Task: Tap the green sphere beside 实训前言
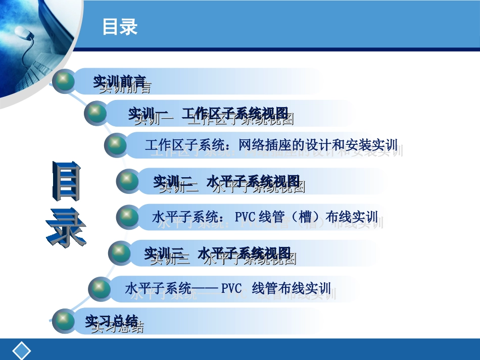[x=64, y=82]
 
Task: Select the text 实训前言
[x=120, y=82]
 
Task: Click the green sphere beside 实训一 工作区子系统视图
[x=95, y=113]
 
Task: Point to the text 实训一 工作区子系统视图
[x=208, y=114]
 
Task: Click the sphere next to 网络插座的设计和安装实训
[x=116, y=145]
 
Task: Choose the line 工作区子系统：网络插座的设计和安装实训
[x=271, y=145]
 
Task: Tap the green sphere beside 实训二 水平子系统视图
[x=127, y=181]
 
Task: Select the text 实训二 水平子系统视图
[x=226, y=181]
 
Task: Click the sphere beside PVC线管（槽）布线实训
[x=127, y=217]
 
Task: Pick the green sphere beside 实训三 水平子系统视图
[x=120, y=252]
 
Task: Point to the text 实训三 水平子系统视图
[x=218, y=252]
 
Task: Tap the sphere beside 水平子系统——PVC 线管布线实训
[x=100, y=289]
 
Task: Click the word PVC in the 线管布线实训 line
[x=232, y=289]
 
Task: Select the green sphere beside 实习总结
[x=64, y=321]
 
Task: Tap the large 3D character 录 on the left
[x=66, y=227]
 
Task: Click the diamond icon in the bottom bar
[x=22, y=351]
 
